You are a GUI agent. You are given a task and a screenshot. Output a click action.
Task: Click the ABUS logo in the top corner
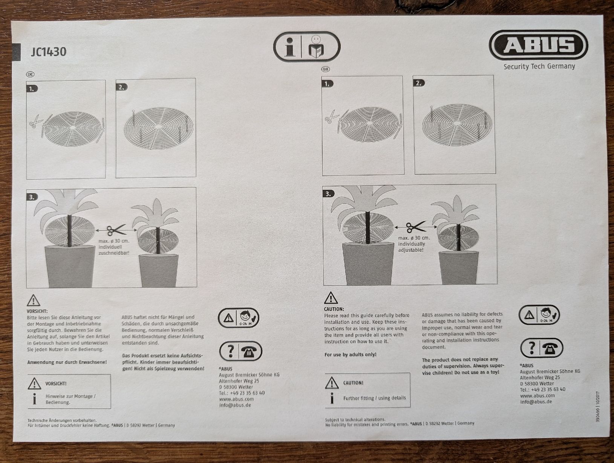pos(538,45)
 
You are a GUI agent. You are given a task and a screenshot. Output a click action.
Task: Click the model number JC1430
pos(49,52)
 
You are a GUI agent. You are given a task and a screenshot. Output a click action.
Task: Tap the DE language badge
pos(30,74)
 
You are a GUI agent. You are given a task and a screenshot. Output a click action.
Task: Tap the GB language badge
pos(325,69)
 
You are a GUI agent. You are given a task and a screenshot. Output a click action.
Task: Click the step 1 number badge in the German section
pos(32,89)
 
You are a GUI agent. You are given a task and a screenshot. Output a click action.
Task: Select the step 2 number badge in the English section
pos(419,83)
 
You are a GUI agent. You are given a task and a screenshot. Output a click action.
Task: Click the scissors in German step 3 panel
pos(116,230)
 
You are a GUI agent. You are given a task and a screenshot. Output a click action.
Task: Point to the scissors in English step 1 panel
pos(332,117)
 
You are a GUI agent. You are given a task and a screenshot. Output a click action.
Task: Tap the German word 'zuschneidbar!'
pos(114,253)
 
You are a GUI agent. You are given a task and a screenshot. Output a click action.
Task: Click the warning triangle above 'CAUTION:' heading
pos(331,298)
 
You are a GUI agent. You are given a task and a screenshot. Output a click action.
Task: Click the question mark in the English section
pos(531,348)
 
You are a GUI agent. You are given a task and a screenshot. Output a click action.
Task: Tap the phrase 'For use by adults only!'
pos(351,354)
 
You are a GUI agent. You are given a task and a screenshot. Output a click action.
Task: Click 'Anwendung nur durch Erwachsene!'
pos(67,362)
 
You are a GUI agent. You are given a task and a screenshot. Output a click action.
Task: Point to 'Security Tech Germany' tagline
pos(539,67)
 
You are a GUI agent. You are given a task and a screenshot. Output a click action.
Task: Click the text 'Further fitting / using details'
pos(375,398)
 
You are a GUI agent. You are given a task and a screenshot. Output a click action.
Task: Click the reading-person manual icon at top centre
pos(316,47)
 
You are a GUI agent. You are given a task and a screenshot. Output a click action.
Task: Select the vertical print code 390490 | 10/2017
pos(597,406)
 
